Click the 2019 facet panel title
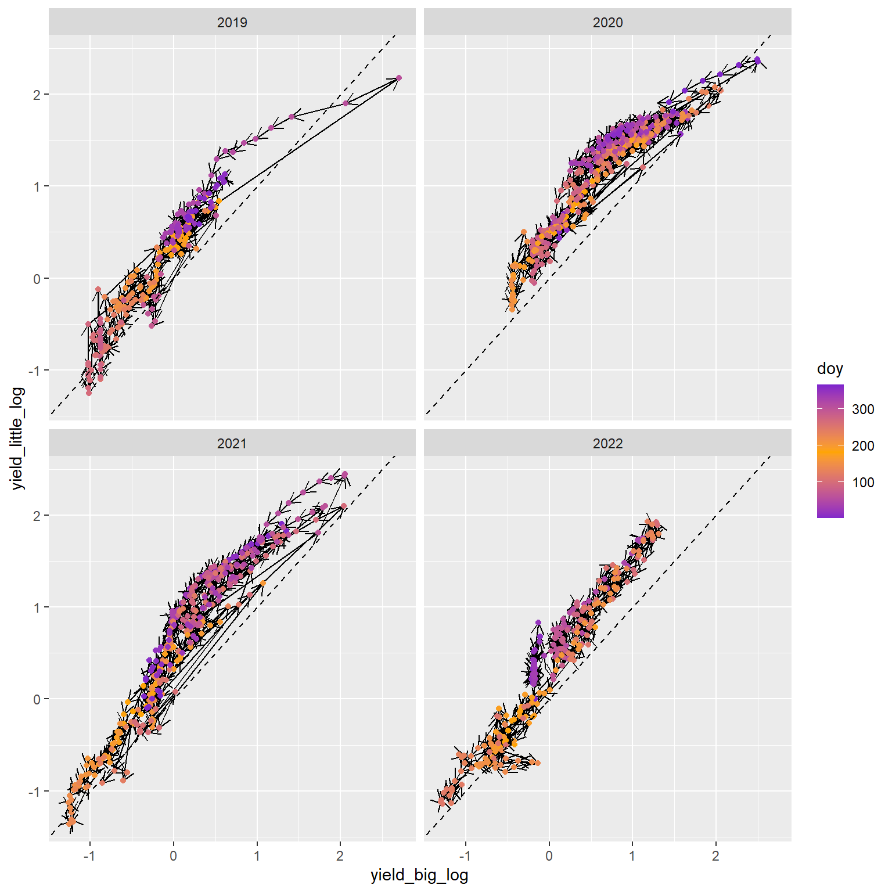click(232, 23)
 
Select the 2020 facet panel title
click(607, 23)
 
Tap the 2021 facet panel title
click(232, 444)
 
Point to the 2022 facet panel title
click(607, 444)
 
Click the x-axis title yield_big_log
click(419, 875)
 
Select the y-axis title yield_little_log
click(19, 438)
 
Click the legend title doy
click(829, 369)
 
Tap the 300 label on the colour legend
click(863, 409)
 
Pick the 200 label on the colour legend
click(863, 446)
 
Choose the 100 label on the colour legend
click(863, 483)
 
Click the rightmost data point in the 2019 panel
click(399, 78)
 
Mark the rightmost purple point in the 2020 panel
click(757, 60)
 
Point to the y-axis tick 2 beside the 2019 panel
click(37, 95)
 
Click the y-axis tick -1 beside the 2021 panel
click(35, 792)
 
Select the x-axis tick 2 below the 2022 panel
click(715, 855)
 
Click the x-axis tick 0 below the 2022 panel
click(549, 855)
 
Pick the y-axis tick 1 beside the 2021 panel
click(37, 607)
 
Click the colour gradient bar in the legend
click(830, 451)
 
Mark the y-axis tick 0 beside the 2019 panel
click(37, 279)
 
